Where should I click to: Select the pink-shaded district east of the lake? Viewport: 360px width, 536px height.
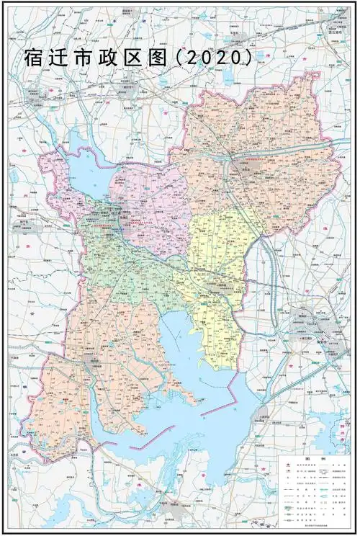click(151, 202)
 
